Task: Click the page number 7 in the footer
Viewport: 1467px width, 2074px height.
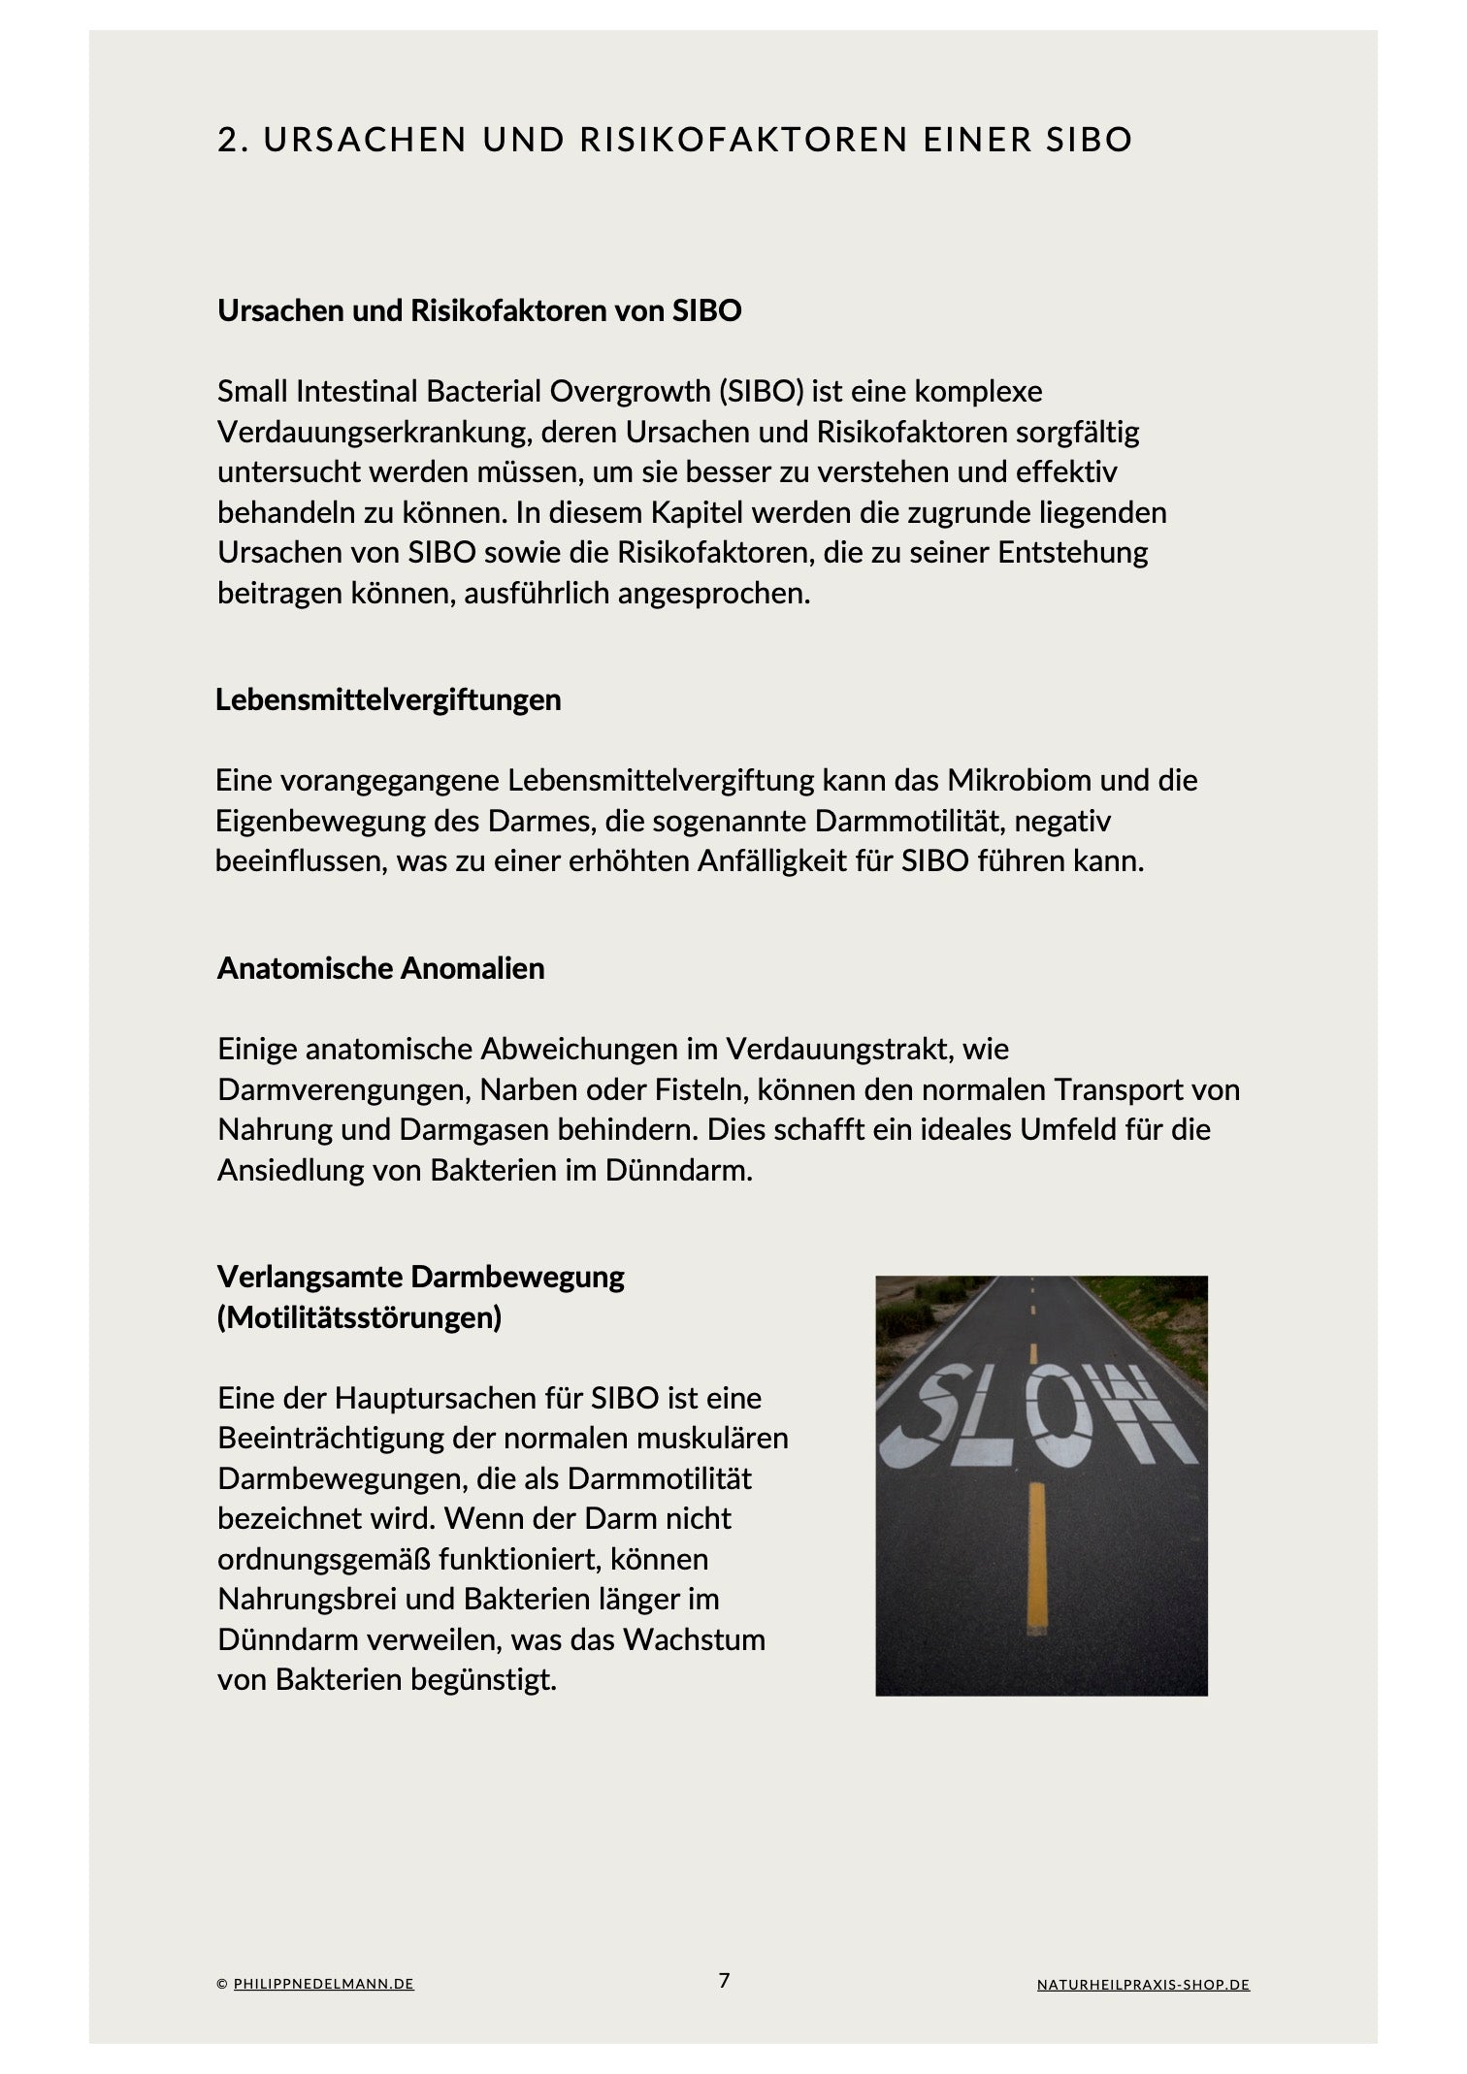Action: [724, 1981]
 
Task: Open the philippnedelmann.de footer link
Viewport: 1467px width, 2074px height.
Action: [323, 1985]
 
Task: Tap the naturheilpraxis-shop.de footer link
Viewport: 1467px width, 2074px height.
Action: [1143, 1985]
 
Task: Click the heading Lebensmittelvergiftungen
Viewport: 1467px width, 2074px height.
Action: [388, 699]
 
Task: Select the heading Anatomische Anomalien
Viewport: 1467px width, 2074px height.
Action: [380, 968]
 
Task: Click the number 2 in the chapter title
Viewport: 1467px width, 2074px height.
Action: [228, 140]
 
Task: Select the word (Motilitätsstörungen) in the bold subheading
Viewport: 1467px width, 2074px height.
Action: [359, 1317]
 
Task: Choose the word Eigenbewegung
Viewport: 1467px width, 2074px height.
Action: [313, 821]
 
